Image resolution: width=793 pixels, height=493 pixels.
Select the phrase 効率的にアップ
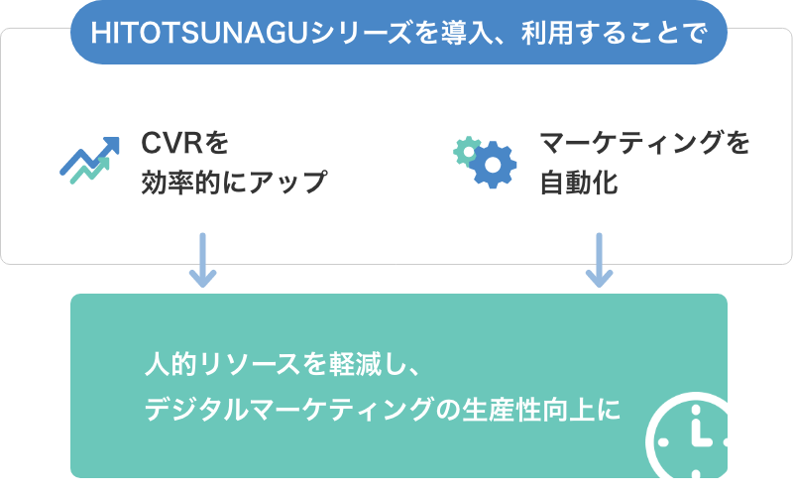[x=234, y=183]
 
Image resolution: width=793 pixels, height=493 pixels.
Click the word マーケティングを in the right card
[x=644, y=145]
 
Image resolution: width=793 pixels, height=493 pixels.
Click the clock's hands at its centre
[x=699, y=437]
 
